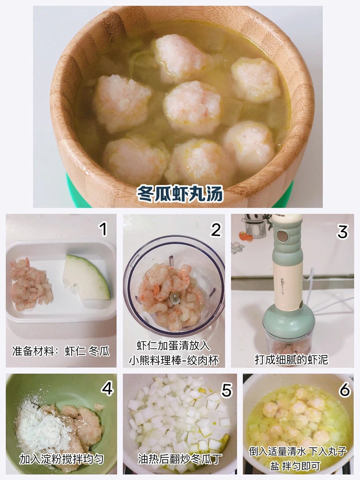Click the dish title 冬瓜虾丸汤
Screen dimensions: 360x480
point(180,194)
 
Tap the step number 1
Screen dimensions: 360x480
point(103,229)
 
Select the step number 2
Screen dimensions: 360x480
point(216,230)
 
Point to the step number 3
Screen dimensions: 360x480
point(342,232)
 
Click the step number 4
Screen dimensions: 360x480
point(107,388)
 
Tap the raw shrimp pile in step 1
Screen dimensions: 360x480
point(31,284)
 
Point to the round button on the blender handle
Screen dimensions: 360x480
point(282,236)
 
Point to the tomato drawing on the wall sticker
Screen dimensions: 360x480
point(246,237)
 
